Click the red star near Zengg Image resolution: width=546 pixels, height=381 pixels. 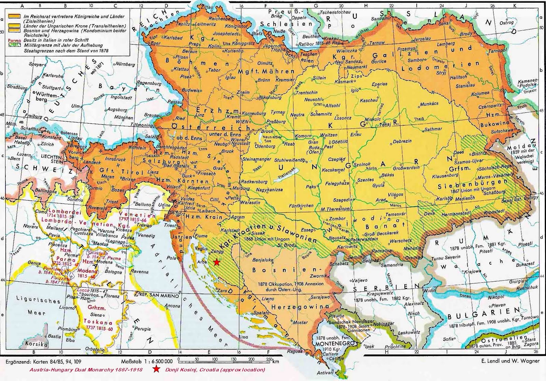pyautogui.click(x=216, y=262)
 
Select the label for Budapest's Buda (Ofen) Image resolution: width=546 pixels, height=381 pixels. pyautogui.click(x=314, y=150)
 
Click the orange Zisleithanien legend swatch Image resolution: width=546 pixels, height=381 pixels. pyautogui.click(x=14, y=16)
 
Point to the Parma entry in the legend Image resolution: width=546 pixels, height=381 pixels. pyautogui.click(x=13, y=40)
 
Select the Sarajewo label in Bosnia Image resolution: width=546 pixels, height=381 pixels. pyautogui.click(x=320, y=297)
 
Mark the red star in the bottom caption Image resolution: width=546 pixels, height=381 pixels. pyautogui.click(x=156, y=369)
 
